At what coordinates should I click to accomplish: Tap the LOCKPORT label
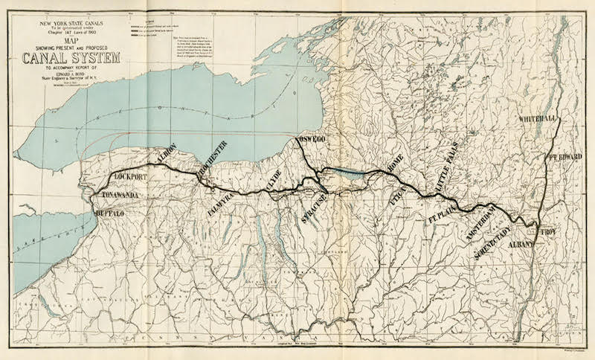click(x=138, y=177)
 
